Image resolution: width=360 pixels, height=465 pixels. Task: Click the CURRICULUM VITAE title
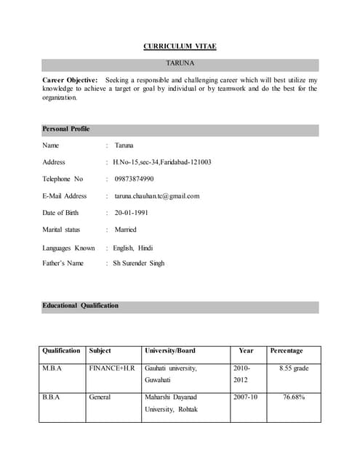click(180, 46)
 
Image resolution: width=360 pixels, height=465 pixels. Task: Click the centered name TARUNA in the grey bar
click(180, 64)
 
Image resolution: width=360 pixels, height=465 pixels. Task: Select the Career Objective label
click(70, 79)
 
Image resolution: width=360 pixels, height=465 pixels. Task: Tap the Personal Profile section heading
click(66, 129)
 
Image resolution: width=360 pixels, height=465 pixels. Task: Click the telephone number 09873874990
click(134, 179)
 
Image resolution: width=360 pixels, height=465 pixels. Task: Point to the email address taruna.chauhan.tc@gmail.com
click(156, 195)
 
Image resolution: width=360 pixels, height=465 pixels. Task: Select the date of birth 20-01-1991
click(136, 213)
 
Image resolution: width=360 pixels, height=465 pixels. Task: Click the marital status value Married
click(125, 230)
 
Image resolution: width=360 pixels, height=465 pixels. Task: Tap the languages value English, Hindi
click(132, 248)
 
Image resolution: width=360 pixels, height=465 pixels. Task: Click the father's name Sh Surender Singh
click(138, 263)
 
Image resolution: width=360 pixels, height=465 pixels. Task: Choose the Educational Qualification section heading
click(80, 305)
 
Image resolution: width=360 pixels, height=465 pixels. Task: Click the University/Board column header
click(170, 350)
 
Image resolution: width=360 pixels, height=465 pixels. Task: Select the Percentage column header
click(286, 350)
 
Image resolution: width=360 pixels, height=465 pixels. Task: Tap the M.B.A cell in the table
click(52, 368)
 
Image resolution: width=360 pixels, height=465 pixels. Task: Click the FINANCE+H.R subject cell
click(112, 368)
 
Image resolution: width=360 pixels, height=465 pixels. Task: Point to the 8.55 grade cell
click(294, 368)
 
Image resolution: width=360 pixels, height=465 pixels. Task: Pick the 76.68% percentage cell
click(294, 397)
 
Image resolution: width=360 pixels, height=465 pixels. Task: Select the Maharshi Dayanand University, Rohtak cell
click(171, 403)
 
